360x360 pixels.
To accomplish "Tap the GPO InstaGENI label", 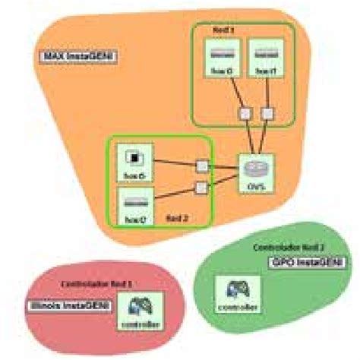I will point(306,261).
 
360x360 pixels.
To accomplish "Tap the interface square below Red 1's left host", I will point(245,113).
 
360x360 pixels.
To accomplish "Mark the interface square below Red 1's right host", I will point(267,113).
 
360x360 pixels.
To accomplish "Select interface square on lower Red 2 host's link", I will point(201,187).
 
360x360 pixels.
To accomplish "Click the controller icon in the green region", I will point(238,289).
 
